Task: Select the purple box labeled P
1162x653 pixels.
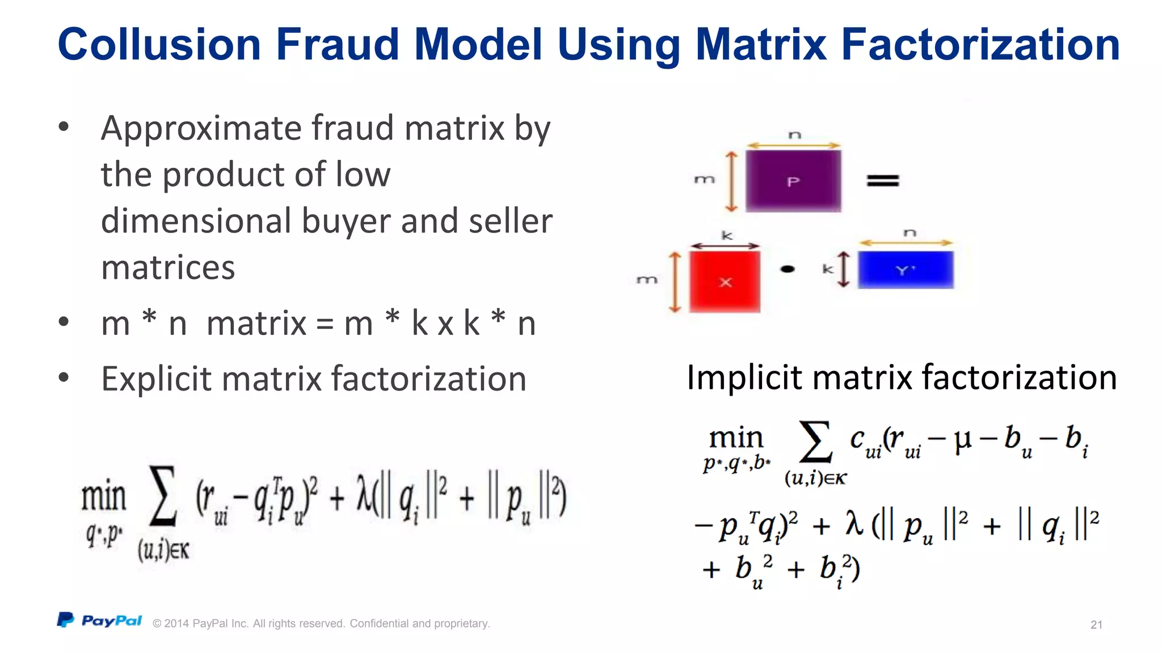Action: [x=793, y=181]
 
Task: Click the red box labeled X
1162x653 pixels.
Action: [x=725, y=282]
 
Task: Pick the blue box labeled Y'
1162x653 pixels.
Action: [x=906, y=270]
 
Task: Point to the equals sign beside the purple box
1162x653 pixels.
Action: [x=882, y=181]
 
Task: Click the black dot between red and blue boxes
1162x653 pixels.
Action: [x=788, y=269]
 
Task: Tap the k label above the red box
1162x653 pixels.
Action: [x=726, y=235]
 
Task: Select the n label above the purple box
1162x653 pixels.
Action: [x=794, y=135]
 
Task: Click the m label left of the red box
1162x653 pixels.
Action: [x=647, y=280]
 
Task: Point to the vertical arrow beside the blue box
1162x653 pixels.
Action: [x=844, y=269]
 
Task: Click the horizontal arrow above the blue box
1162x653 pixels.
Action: [x=906, y=243]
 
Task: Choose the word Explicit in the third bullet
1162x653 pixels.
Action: [x=155, y=379]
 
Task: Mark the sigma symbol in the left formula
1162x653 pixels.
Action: [x=163, y=495]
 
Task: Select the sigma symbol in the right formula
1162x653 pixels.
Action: [x=815, y=441]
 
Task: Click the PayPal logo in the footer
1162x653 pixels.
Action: [x=100, y=621]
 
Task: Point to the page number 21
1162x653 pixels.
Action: [x=1096, y=625]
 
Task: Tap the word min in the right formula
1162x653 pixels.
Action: [x=736, y=438]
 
